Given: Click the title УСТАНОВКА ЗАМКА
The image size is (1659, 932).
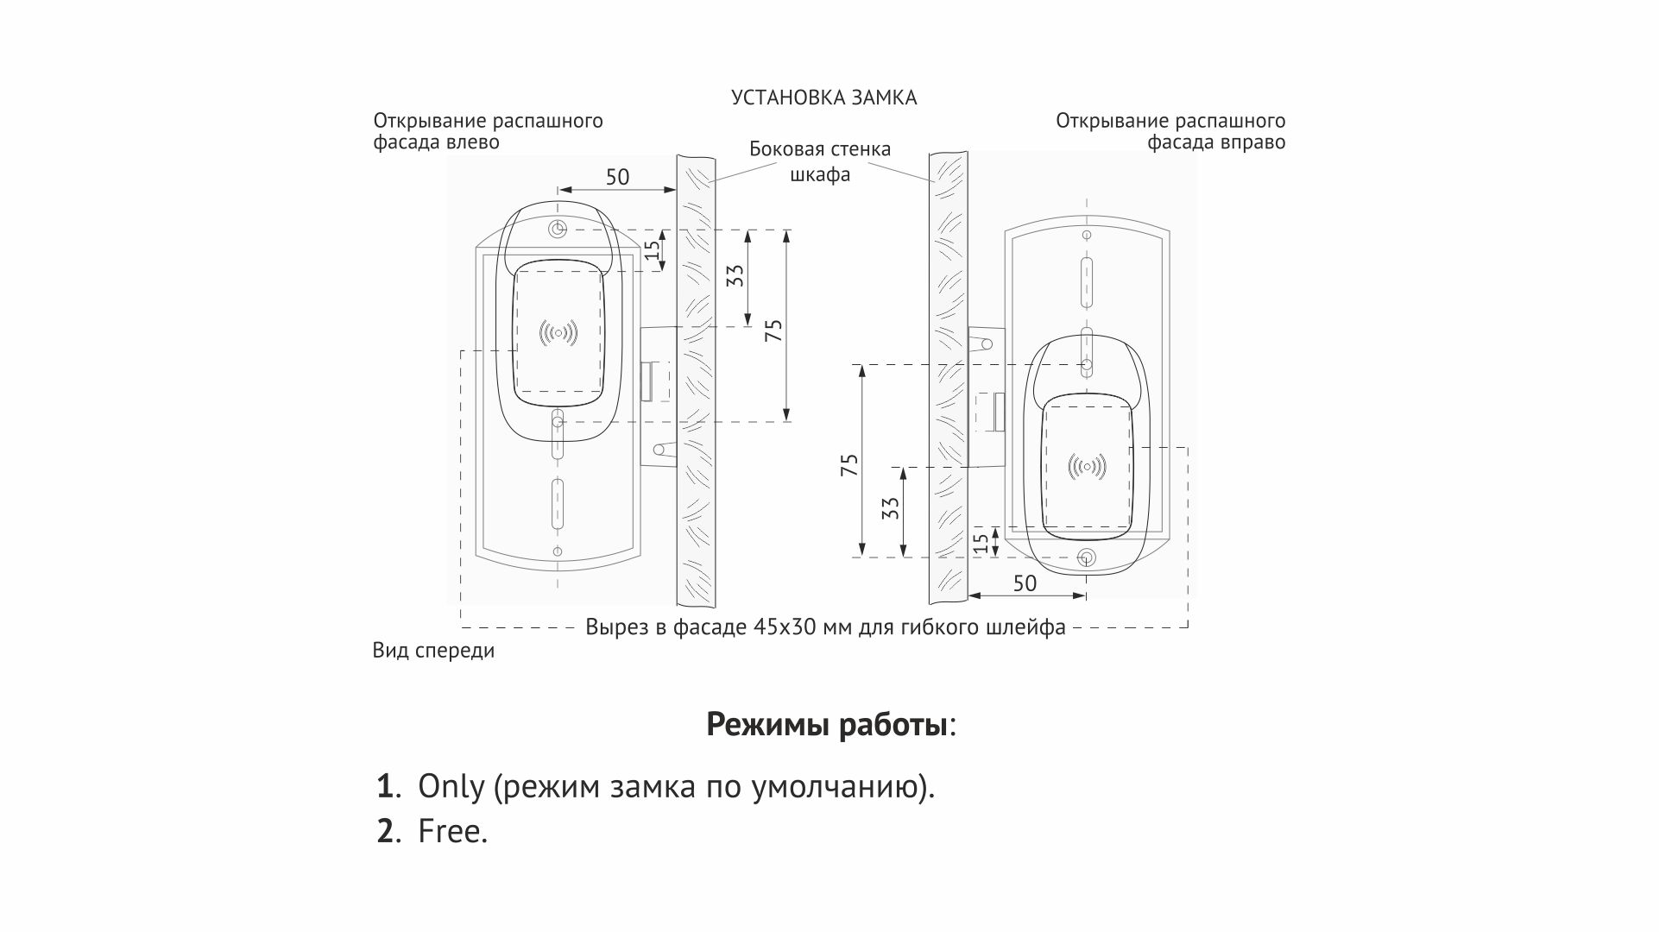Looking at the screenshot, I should [823, 98].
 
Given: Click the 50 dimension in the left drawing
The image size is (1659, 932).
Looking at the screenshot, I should [617, 177].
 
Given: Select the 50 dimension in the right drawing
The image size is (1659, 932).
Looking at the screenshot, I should [1025, 583].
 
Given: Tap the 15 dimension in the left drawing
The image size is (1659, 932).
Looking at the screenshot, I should [653, 249].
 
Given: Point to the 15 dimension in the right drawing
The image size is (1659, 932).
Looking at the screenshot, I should [981, 542].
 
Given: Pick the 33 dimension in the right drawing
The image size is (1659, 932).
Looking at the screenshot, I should [893, 507].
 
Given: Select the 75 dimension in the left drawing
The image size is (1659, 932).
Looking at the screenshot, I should [774, 330].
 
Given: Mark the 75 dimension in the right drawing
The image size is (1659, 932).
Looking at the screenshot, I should [849, 465].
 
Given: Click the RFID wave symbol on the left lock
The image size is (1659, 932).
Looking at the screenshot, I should [558, 332].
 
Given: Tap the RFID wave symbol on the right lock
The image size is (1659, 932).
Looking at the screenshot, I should [1087, 467].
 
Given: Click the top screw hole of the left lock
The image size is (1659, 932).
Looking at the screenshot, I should [558, 230].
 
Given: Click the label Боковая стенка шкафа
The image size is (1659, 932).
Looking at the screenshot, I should [820, 161].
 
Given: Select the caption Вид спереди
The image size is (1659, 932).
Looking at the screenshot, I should [433, 651].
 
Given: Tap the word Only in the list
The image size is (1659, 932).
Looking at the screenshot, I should [451, 786].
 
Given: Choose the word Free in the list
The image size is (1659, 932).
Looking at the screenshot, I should [452, 831].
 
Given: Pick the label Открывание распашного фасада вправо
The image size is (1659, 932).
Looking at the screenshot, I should [1170, 131].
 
